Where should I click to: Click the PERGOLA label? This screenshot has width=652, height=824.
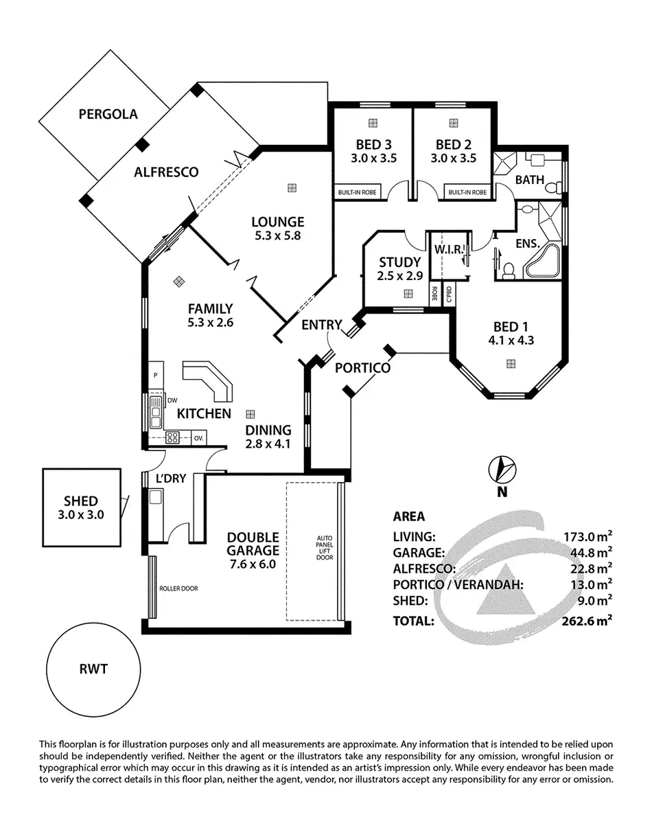[x=108, y=114]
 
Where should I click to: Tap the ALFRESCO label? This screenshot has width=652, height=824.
[x=166, y=172]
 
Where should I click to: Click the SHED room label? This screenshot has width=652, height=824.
[x=81, y=501]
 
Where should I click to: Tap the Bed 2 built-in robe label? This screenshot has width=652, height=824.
[x=467, y=192]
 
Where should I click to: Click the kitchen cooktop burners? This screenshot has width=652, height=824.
[x=172, y=436]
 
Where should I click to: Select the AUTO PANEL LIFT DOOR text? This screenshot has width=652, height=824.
[x=325, y=547]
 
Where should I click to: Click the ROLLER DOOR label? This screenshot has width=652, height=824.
[x=176, y=588]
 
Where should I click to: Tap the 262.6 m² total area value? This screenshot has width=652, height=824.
[x=585, y=621]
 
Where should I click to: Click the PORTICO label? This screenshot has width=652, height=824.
[x=362, y=368]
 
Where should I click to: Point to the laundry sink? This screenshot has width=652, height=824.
[x=156, y=497]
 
